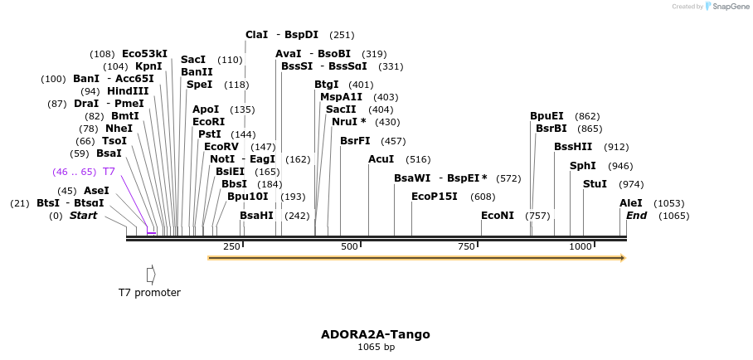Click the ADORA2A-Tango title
(x=376, y=334)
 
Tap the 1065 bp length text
(x=376, y=347)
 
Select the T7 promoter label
(x=149, y=292)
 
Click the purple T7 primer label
(x=109, y=172)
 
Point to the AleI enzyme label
(x=631, y=203)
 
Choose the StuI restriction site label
(x=595, y=184)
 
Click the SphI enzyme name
(x=582, y=166)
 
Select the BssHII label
(x=573, y=147)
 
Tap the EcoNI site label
(x=498, y=216)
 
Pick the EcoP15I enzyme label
(x=435, y=197)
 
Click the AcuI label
(x=381, y=159)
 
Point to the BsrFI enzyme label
(x=355, y=141)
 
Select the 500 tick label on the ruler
(x=349, y=246)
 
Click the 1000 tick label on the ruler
(x=581, y=246)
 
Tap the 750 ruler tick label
(x=466, y=246)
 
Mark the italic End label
(x=637, y=216)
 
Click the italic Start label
(x=83, y=216)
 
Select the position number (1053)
(x=668, y=203)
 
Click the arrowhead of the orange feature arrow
(x=622, y=257)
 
